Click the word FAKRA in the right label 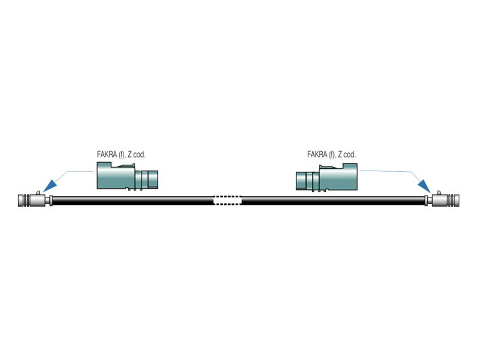(x=317, y=155)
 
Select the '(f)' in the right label (x=332, y=155)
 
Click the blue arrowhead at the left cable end (x=49, y=186)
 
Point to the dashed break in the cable (x=227, y=200)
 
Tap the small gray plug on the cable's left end (x=30, y=200)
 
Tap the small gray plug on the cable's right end (x=447, y=200)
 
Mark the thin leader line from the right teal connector (x=389, y=172)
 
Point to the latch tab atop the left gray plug (x=37, y=192)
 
